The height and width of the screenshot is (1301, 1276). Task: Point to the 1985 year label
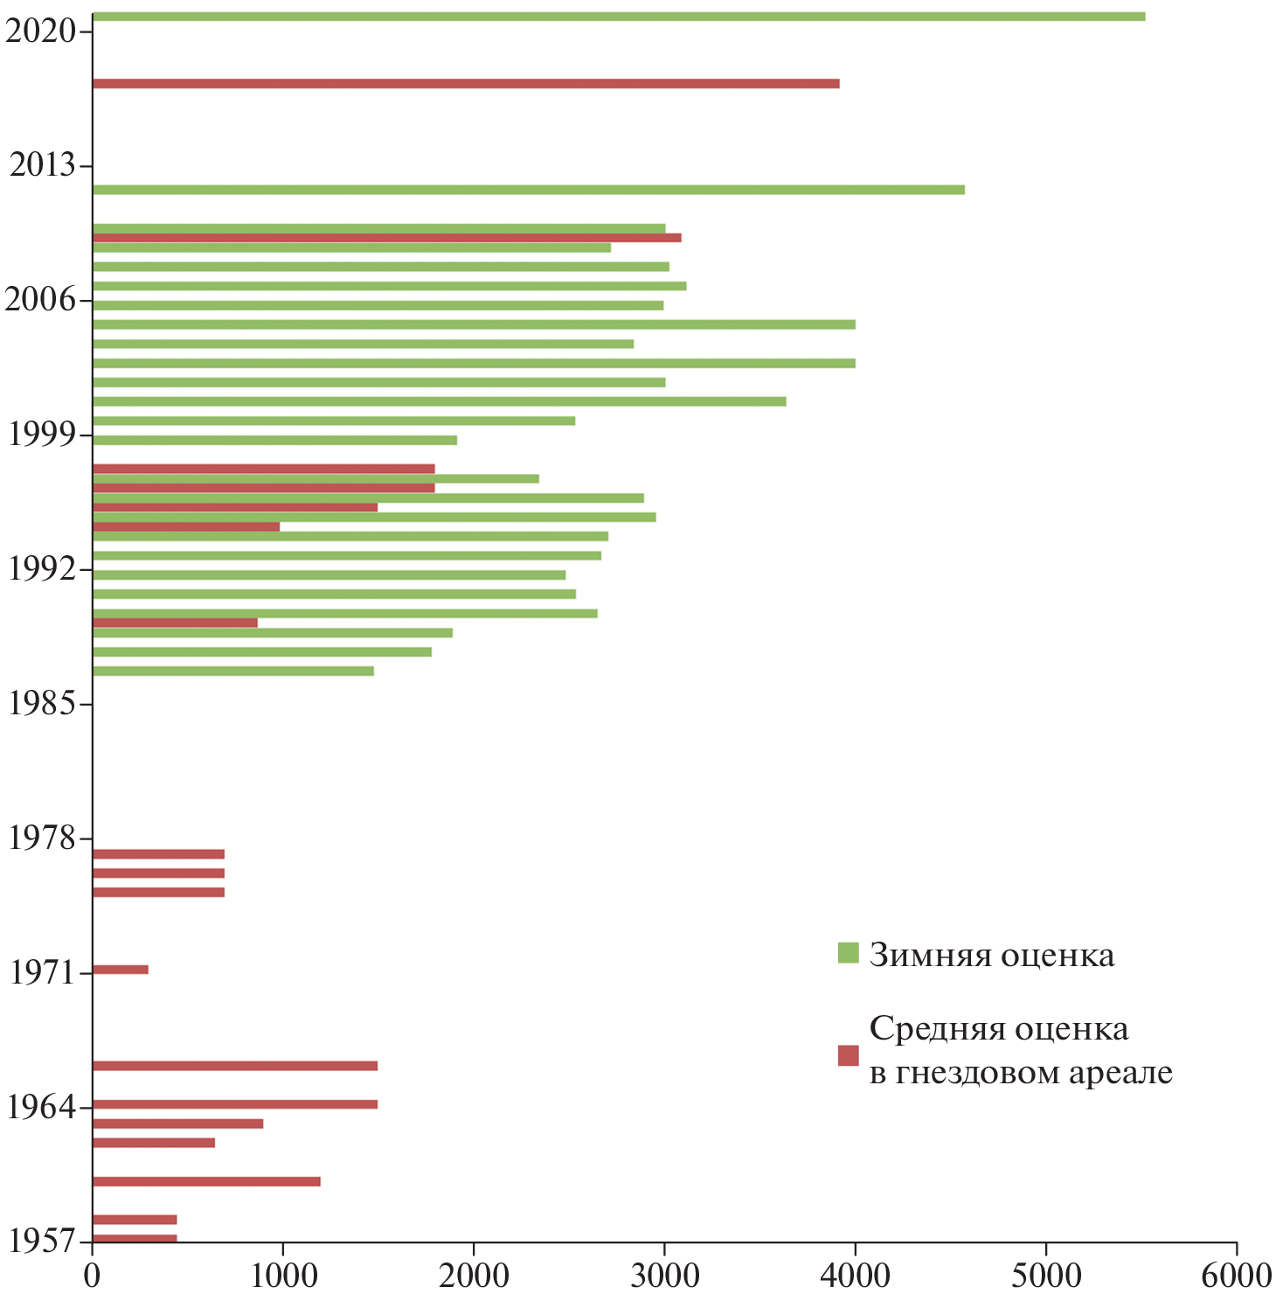(x=40, y=704)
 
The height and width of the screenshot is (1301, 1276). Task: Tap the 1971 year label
(x=40, y=972)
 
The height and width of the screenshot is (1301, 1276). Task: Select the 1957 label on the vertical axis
(x=40, y=1241)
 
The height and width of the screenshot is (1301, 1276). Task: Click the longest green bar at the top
(x=618, y=17)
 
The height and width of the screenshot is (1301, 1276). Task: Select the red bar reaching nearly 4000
(x=465, y=84)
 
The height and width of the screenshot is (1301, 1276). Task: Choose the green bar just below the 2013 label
(x=528, y=190)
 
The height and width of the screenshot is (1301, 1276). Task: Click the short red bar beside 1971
(x=120, y=970)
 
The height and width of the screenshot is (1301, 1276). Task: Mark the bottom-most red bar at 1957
(x=134, y=1238)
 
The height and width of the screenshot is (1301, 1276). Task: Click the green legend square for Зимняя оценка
(x=848, y=953)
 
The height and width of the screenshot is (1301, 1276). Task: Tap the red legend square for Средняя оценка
(x=848, y=1055)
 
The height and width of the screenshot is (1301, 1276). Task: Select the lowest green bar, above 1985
(x=232, y=671)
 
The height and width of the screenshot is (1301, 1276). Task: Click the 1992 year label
(x=40, y=570)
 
